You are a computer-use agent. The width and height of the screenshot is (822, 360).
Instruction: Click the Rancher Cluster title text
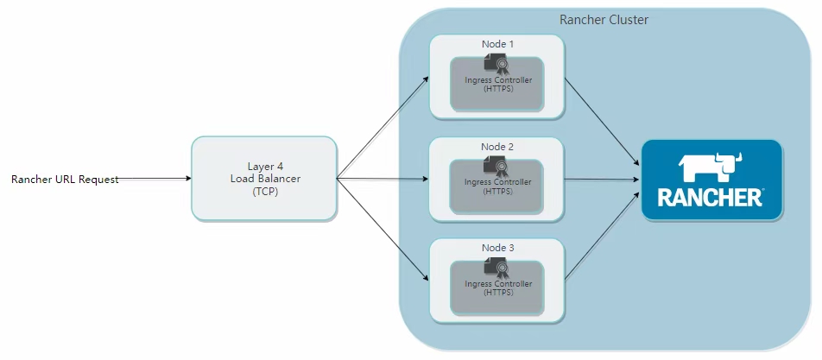(604, 20)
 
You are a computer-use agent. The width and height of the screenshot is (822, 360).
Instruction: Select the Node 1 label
(497, 44)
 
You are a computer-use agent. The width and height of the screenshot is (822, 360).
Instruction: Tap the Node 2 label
(497, 147)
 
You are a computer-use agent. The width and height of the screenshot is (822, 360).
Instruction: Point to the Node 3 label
(497, 248)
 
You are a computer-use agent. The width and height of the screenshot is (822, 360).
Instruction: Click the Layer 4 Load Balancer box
(263, 178)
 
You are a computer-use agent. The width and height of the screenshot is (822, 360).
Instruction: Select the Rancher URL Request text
(65, 180)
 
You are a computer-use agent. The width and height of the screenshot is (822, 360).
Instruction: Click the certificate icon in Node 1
(496, 65)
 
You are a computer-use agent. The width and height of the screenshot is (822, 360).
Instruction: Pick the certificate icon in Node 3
(496, 268)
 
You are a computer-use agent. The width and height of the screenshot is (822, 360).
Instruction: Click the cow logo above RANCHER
(711, 167)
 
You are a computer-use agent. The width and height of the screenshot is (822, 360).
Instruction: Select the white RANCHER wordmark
(710, 197)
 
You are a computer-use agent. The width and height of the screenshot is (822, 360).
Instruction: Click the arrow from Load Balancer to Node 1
(383, 127)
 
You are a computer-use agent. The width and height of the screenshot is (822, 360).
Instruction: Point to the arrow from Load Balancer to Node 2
(383, 180)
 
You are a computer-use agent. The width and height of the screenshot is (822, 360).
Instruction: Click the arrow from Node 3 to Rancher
(602, 235)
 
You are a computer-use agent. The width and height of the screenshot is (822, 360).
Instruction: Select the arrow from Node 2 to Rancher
(602, 180)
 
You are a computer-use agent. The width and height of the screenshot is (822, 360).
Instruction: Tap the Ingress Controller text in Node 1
(498, 80)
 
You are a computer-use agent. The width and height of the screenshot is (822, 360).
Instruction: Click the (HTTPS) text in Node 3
(498, 293)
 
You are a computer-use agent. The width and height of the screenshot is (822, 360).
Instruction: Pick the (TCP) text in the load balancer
(265, 192)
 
